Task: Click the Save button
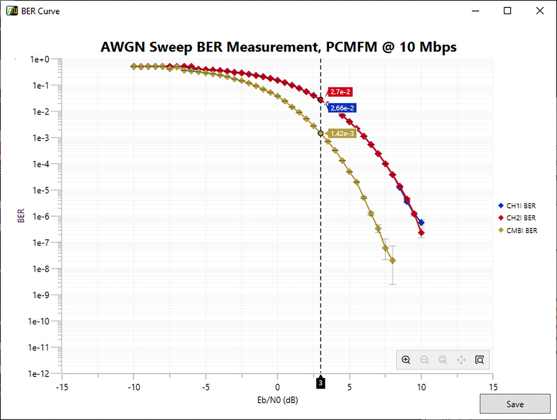point(514,404)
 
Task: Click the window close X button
point(539,10)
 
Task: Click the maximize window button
point(508,10)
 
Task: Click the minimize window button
point(476,10)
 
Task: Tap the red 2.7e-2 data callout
point(339,92)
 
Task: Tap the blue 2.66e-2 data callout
point(343,108)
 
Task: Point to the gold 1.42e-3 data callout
point(343,133)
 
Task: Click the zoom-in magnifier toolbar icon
point(406,360)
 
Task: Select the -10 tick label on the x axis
point(133,387)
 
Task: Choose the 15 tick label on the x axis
point(492,387)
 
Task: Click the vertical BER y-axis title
point(21,216)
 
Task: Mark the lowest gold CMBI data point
point(393,261)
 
